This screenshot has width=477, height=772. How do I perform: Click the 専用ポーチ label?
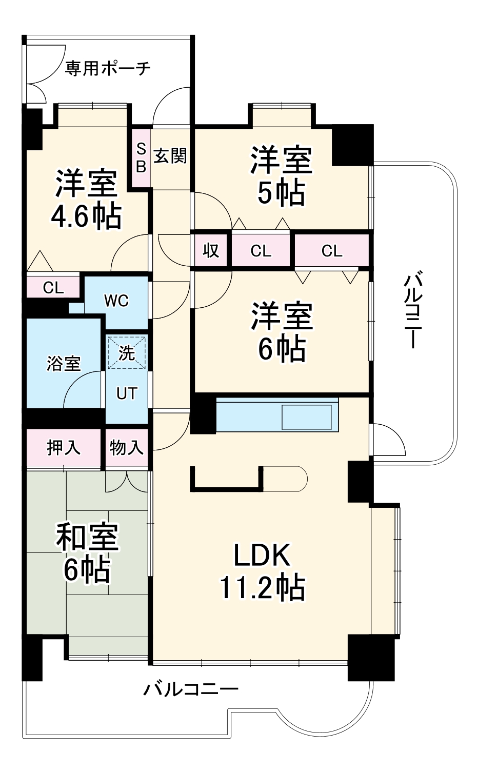108,68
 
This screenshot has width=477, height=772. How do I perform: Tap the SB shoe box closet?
142,158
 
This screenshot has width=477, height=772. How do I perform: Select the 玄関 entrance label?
170,156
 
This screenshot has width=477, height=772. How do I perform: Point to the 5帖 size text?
281,193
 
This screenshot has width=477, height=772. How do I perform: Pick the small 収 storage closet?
211,250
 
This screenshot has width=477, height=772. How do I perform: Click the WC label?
116,301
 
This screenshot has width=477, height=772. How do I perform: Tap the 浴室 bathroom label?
64,364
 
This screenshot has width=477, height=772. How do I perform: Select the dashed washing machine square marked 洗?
127,353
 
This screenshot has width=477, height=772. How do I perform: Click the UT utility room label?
127,393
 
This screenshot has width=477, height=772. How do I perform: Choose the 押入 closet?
64,448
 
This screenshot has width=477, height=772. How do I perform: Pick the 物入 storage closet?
127,448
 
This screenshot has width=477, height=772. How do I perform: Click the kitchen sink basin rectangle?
307,418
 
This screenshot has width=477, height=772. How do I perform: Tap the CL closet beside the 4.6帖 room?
53,287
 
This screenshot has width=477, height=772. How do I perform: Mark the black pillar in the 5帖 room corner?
352,145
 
